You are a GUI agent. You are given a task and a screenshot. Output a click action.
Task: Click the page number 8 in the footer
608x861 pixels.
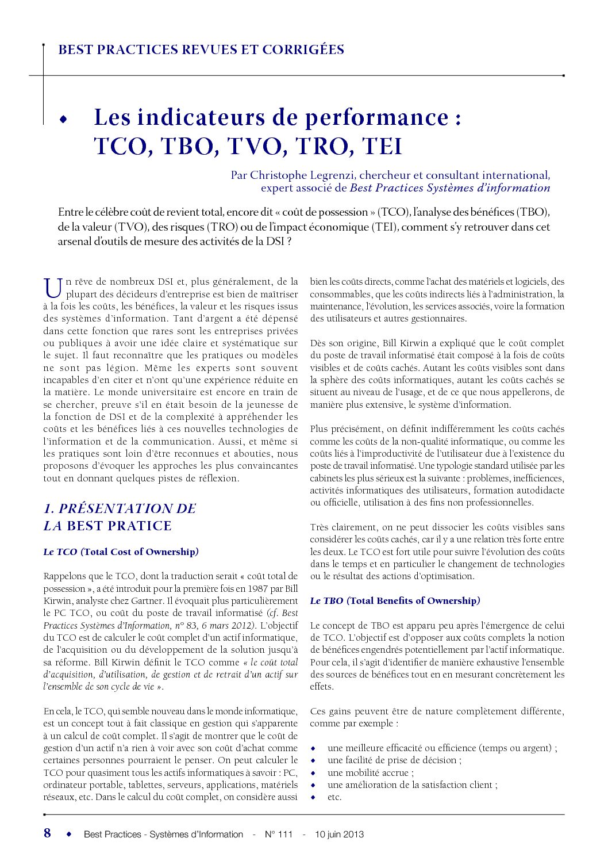point(47,833)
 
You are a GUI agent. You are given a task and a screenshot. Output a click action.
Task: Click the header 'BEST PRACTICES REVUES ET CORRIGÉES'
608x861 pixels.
point(201,50)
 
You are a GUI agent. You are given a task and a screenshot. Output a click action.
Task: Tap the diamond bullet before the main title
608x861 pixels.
point(63,119)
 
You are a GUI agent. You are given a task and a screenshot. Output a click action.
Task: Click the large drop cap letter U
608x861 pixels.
point(52,288)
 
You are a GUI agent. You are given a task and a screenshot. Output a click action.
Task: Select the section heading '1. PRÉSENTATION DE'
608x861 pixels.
point(120,508)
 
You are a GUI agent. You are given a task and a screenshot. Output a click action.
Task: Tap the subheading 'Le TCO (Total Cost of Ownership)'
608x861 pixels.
point(121,552)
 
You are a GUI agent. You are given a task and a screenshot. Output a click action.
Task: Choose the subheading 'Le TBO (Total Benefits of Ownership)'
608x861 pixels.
point(395,600)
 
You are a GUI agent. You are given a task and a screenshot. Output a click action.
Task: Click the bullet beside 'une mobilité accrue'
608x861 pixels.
point(313,773)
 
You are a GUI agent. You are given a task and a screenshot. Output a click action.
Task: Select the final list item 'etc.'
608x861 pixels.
point(334,797)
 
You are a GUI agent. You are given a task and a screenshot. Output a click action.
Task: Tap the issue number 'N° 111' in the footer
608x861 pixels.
point(279,834)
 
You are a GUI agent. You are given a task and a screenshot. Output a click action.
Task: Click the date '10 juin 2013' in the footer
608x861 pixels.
point(339,834)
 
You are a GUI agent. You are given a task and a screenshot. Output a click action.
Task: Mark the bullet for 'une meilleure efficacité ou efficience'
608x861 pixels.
point(313,748)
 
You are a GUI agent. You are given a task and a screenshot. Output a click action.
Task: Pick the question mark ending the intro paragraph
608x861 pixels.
point(289,242)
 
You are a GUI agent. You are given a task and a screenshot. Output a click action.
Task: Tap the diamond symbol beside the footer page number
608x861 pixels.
point(69,833)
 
